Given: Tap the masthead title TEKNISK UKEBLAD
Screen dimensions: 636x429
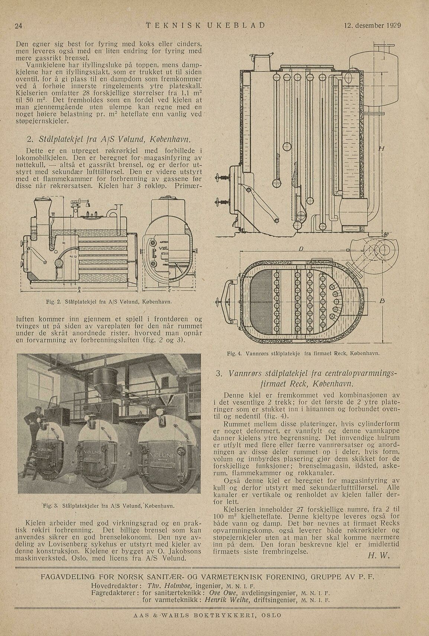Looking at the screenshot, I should (205, 26).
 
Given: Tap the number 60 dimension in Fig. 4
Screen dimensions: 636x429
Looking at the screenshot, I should (386, 234).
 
